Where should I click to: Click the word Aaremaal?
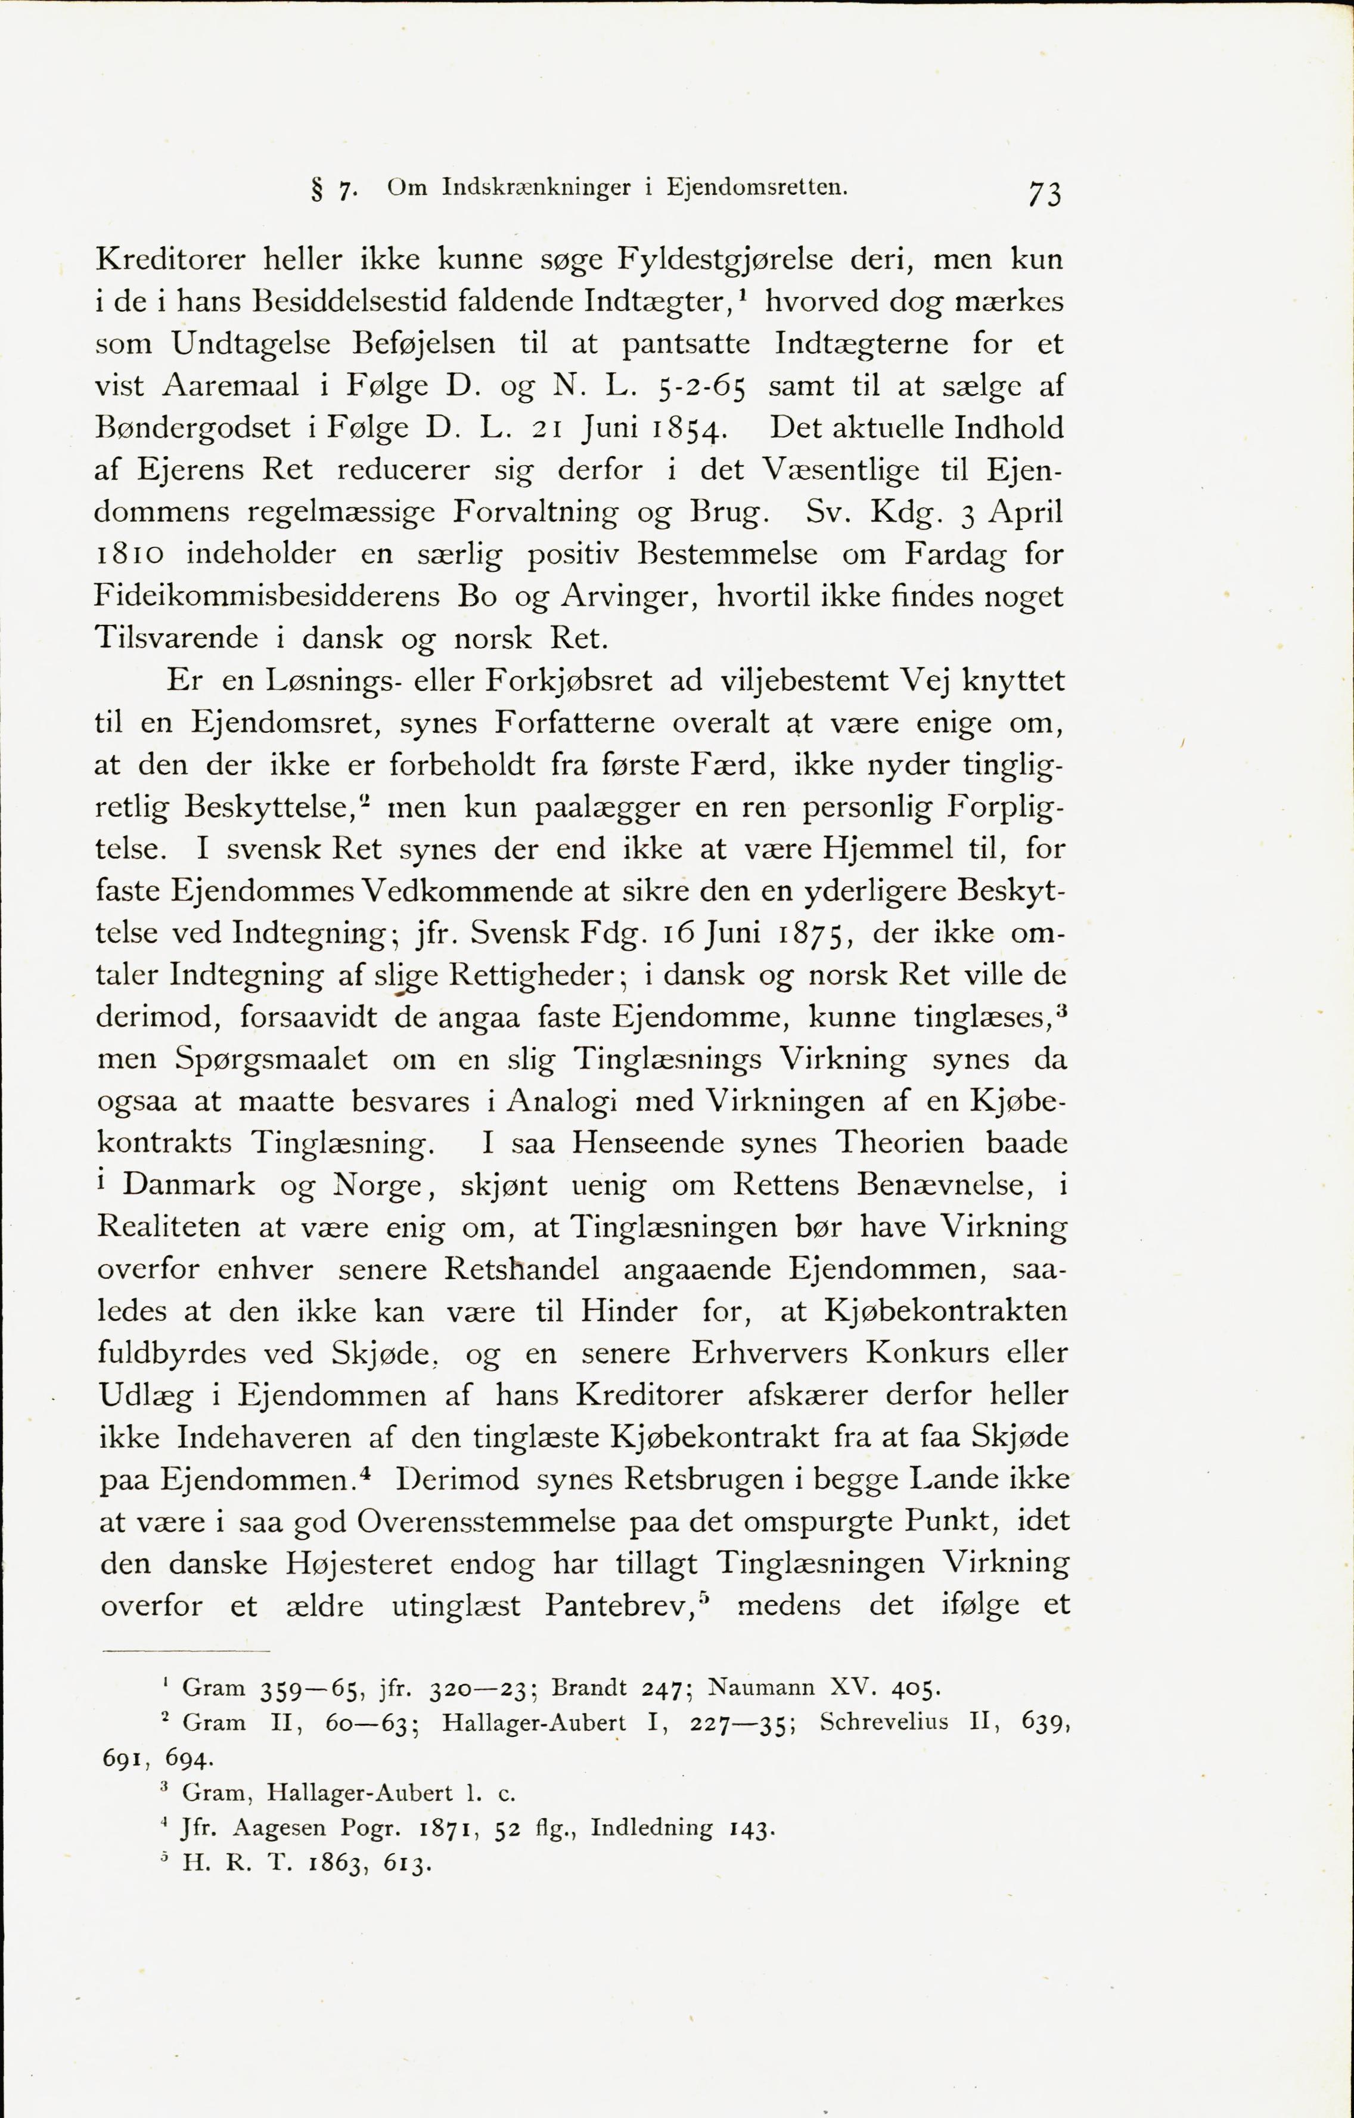(x=231, y=385)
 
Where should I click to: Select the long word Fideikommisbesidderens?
(x=266, y=596)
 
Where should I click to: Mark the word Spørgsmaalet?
(x=271, y=1059)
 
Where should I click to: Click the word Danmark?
(x=188, y=1185)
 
